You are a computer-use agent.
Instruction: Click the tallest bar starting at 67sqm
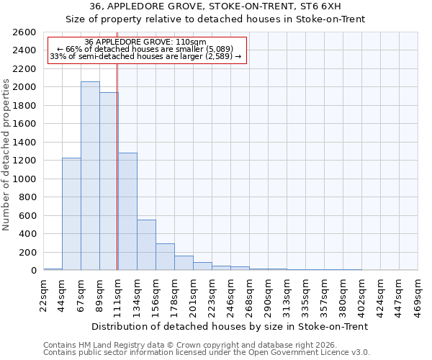90,176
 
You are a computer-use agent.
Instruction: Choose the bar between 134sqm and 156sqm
146,245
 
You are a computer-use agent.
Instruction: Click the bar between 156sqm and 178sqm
165,257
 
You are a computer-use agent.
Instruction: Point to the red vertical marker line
117,166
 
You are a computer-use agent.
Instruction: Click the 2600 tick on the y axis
26,32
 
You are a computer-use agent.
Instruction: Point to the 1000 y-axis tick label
26,179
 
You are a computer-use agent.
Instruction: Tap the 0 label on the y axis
33,271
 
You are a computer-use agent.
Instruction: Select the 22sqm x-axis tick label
44,294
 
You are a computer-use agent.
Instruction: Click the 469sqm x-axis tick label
418,294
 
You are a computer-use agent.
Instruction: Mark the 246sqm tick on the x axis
231,294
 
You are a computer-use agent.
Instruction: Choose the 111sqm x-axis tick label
119,294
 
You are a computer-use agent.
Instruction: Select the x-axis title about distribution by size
230,326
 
